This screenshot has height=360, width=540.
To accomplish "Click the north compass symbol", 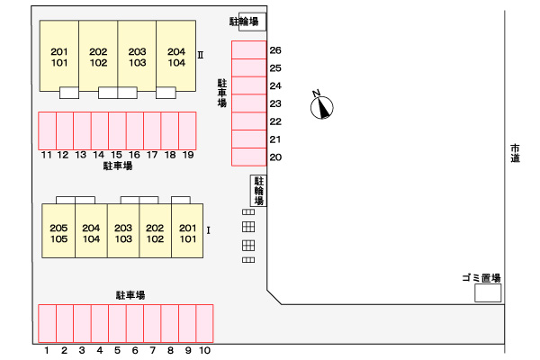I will (321, 106).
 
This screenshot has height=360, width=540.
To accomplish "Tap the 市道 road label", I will (515, 153).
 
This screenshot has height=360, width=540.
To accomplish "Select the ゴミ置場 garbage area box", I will (488, 293).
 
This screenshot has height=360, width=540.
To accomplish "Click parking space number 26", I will (249, 50).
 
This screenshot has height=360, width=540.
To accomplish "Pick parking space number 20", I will (249, 157).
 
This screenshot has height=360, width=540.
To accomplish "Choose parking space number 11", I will (47, 130).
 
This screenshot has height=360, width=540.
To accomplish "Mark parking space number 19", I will (187, 130).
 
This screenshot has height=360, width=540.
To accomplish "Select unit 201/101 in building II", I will (59, 57).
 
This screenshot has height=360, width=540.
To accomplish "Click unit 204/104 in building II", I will (175, 57).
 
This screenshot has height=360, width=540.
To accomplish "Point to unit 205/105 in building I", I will (59, 232).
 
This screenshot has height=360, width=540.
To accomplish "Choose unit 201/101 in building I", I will (187, 232).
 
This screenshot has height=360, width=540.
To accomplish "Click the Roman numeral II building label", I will (201, 54).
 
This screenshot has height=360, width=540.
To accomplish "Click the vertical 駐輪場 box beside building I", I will (257, 191).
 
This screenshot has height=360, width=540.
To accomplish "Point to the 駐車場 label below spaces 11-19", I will (117, 166).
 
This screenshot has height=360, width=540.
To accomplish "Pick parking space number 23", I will (249, 103).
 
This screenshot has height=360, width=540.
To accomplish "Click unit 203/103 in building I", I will (123, 232).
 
